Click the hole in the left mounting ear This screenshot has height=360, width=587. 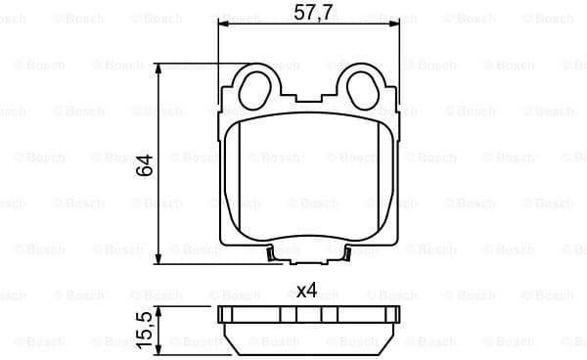coord(256,83)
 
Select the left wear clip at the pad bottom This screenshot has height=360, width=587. coord(271,255)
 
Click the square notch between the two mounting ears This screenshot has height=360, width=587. coord(308,90)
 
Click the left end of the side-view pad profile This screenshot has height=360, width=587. coord(221,315)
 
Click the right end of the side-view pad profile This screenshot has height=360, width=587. coord(396,315)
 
